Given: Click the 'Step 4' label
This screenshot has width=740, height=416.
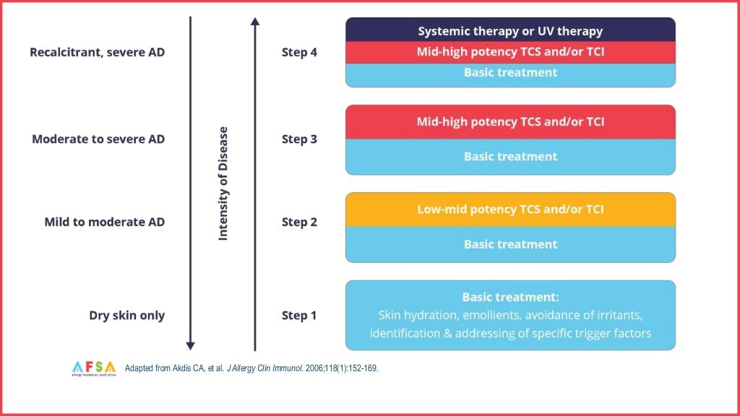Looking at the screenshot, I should [x=299, y=52].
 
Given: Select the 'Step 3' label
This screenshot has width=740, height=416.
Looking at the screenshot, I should [x=299, y=139].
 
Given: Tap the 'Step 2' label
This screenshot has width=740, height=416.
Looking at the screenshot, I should [x=299, y=222].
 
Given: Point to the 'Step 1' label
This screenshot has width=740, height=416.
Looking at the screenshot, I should [x=299, y=316].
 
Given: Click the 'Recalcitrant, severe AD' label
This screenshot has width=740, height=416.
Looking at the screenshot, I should [x=97, y=52].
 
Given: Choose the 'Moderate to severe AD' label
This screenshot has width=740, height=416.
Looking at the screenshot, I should [x=98, y=139].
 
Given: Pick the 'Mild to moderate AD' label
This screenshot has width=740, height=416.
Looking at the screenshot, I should [x=104, y=222].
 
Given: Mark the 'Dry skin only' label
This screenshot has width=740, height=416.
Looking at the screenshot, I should [x=126, y=316].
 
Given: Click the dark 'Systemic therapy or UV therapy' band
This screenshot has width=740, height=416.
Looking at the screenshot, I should [x=510, y=31].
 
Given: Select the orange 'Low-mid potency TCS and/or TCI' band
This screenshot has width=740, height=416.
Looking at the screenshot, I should [x=510, y=209].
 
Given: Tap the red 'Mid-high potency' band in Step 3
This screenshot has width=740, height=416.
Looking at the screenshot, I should [x=510, y=122].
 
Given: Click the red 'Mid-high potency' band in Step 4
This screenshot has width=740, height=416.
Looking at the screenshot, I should [x=510, y=52].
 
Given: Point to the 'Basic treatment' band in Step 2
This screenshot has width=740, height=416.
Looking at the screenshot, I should [x=510, y=244].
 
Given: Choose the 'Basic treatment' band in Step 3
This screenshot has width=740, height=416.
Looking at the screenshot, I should [x=510, y=157].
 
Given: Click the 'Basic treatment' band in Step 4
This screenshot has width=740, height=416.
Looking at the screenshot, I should [x=510, y=73].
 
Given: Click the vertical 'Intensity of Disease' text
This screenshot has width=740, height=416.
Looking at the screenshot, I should [x=223, y=183].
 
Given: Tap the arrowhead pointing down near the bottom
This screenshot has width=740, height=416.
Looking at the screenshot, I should [x=191, y=345].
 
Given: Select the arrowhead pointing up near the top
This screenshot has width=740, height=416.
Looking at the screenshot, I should [x=255, y=22].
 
